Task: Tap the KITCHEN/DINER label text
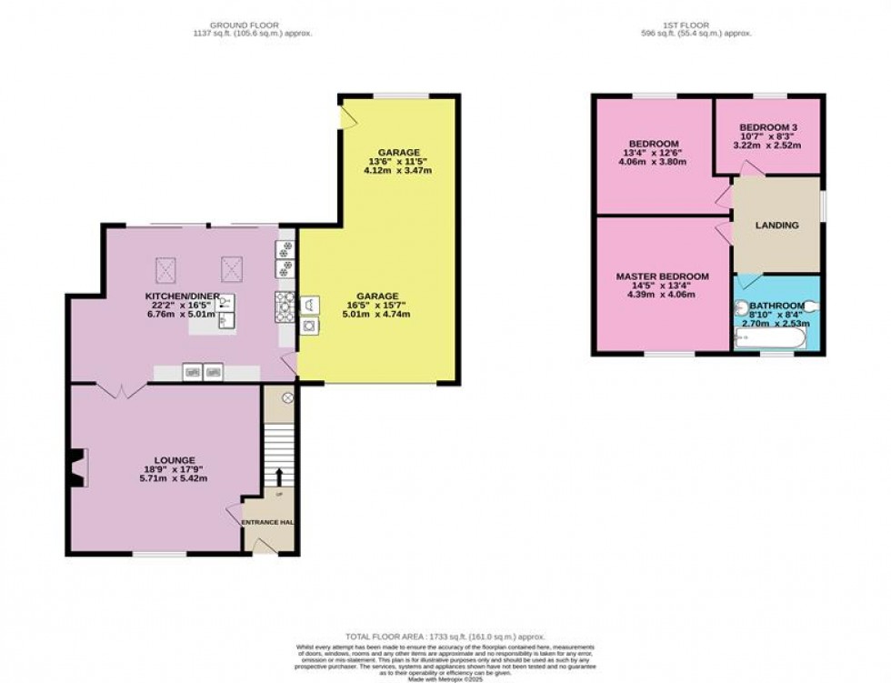pyautogui.click(x=173, y=296)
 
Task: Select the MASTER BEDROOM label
pyautogui.click(x=662, y=276)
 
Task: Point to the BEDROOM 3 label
pyautogui.click(x=769, y=127)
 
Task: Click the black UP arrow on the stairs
pyautogui.click(x=279, y=477)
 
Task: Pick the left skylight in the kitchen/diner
pyautogui.click(x=167, y=268)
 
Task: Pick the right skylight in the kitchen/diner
pyautogui.click(x=232, y=268)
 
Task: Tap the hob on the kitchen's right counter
pyautogui.click(x=285, y=305)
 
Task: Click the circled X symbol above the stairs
pyautogui.click(x=287, y=398)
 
